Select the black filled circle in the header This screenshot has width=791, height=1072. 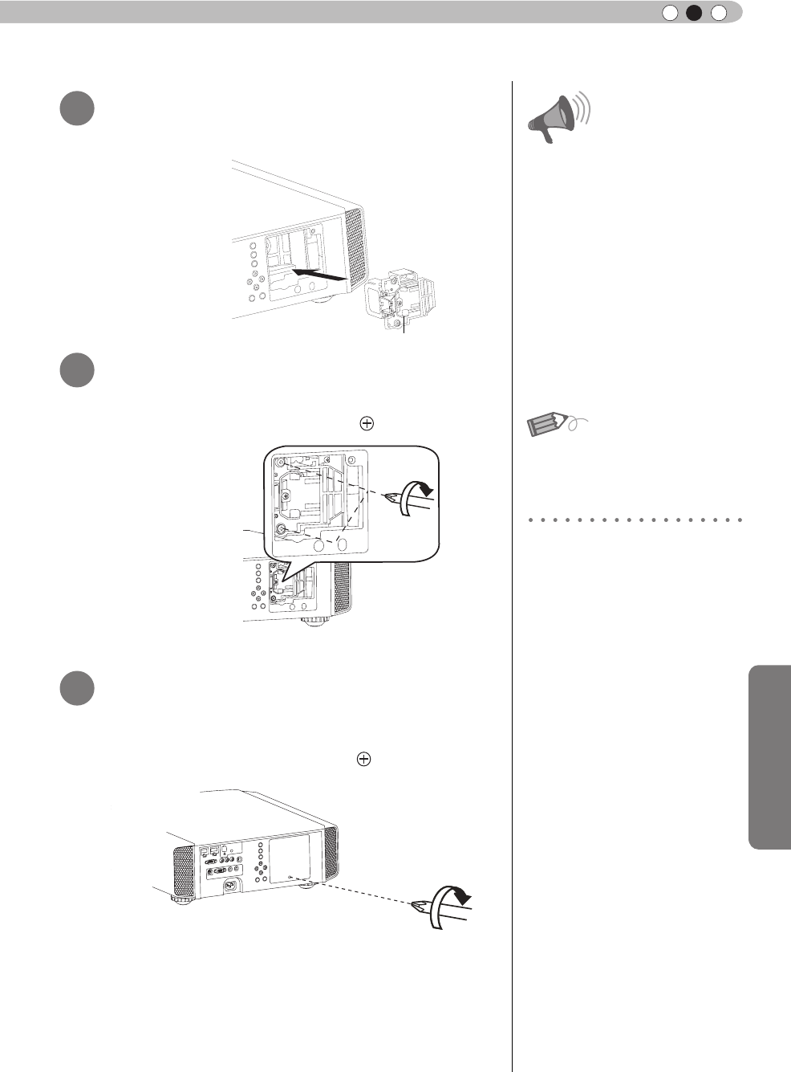tap(694, 12)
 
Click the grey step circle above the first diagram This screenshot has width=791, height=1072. tap(77, 108)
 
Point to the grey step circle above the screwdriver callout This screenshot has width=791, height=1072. tap(77, 369)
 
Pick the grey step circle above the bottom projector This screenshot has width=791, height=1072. tap(77, 688)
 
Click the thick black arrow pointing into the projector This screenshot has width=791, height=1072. tap(320, 275)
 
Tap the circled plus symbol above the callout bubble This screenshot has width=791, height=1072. tap(367, 424)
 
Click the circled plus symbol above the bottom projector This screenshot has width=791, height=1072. tap(363, 759)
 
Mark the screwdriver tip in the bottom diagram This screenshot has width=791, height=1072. tap(418, 906)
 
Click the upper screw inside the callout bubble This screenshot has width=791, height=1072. tap(282, 464)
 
